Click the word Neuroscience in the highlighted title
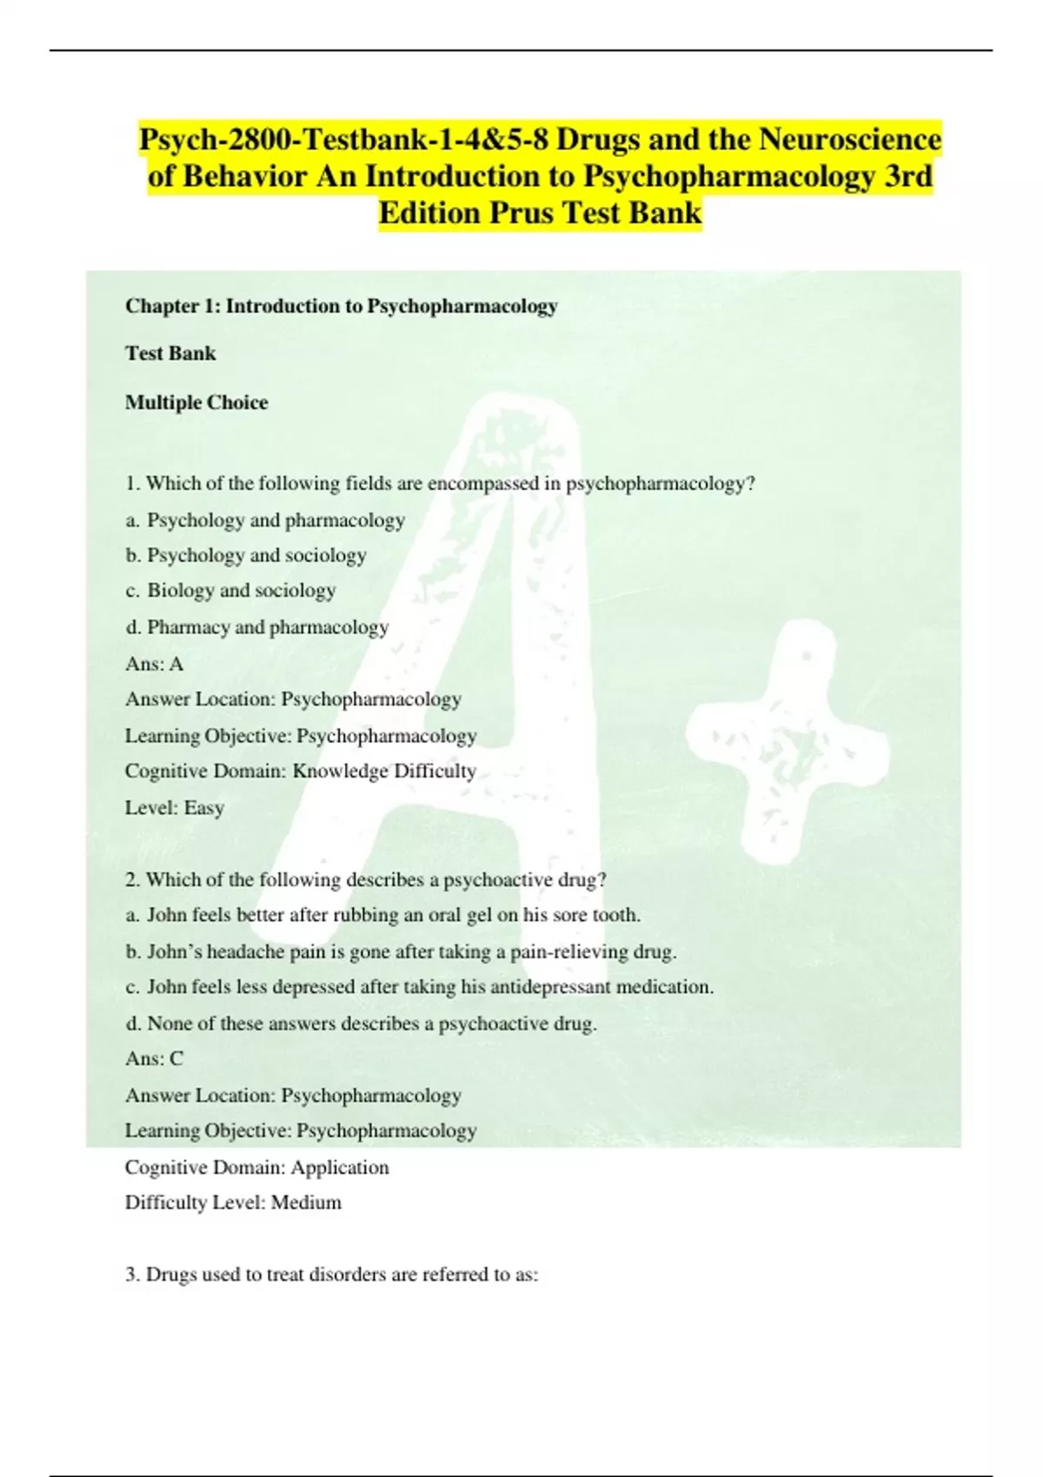tap(850, 139)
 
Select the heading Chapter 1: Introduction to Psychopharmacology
tap(341, 306)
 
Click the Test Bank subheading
tap(170, 354)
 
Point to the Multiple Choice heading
tap(196, 402)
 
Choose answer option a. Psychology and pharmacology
tap(265, 520)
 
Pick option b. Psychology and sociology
tap(246, 555)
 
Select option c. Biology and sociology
tap(230, 591)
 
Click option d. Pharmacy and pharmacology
tap(256, 627)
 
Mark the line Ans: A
tap(154, 664)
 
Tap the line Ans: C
tap(154, 1058)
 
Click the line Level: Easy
tap(175, 808)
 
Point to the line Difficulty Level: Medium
tap(233, 1202)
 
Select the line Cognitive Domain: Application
tap(256, 1167)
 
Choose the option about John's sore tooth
tap(382, 915)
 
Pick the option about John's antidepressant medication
tap(419, 987)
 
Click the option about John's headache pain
tap(401, 951)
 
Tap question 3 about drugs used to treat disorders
tap(331, 1275)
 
